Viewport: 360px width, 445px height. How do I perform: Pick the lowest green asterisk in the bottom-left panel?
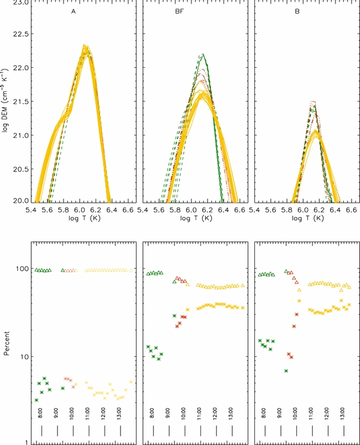[37, 400]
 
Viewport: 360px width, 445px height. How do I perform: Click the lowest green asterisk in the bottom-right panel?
[286, 371]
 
